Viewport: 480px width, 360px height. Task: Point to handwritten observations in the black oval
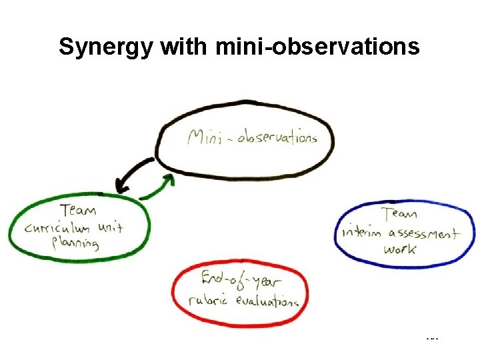coord(275,138)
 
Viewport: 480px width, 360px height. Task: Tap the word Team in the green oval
coord(77,210)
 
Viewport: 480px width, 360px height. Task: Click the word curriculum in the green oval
coord(57,229)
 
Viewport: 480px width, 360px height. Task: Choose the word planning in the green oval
coord(76,243)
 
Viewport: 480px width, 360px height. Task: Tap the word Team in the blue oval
coord(400,214)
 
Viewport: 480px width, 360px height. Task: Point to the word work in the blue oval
coord(400,249)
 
